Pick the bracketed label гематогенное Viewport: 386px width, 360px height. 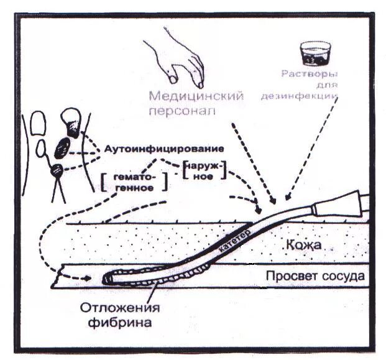pyautogui.click(x=133, y=182)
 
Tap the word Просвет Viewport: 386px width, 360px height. pyautogui.click(x=288, y=276)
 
